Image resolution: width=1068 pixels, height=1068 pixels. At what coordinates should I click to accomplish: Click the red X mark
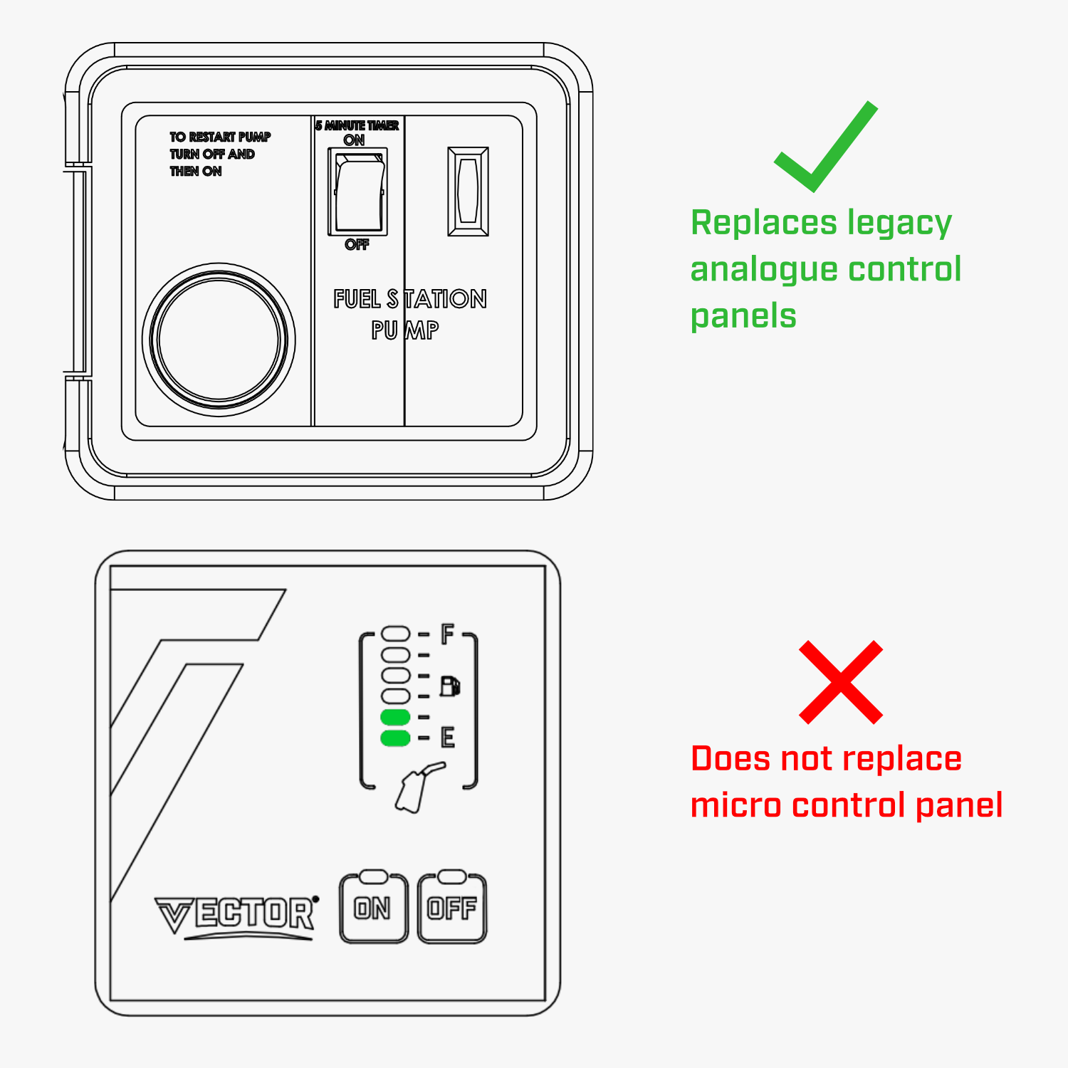click(x=841, y=682)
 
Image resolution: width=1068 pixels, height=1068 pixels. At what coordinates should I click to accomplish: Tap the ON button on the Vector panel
click(x=374, y=908)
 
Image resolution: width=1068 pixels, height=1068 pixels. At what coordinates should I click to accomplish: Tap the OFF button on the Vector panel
click(x=452, y=908)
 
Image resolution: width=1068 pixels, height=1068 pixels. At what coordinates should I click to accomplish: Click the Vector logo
click(x=236, y=916)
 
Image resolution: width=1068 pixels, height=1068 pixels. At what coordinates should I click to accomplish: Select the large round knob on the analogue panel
click(x=219, y=340)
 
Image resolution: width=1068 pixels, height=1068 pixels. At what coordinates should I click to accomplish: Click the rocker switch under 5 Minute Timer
click(x=357, y=192)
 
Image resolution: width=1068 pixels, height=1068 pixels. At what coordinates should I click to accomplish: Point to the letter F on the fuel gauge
click(x=447, y=633)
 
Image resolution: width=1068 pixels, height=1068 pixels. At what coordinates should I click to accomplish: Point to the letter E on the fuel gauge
click(x=447, y=737)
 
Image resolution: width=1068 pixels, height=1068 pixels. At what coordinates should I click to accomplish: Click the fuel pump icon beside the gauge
click(x=450, y=686)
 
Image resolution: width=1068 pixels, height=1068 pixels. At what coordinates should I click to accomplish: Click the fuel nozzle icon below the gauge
click(x=419, y=787)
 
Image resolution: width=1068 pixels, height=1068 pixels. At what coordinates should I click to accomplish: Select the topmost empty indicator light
click(x=396, y=634)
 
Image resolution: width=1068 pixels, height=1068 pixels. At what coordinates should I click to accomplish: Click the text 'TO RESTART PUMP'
click(x=220, y=137)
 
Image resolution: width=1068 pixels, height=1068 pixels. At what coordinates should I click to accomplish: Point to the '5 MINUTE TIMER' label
click(x=357, y=125)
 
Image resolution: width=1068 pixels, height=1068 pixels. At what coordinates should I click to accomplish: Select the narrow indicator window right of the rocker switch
click(x=468, y=192)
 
